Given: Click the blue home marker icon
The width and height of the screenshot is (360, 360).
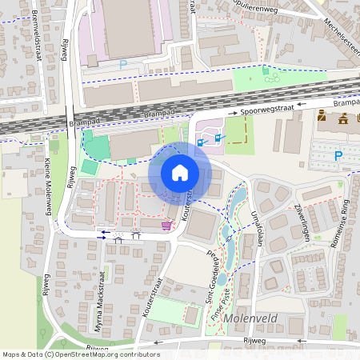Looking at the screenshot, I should (179, 172).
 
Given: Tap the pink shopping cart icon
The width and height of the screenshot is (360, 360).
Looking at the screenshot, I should (166, 226).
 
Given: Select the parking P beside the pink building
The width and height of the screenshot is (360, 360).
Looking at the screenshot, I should (123, 64).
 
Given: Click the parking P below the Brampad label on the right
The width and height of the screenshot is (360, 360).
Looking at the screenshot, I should (338, 155).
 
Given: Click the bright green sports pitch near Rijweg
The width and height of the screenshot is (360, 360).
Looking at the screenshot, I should (96, 147).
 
